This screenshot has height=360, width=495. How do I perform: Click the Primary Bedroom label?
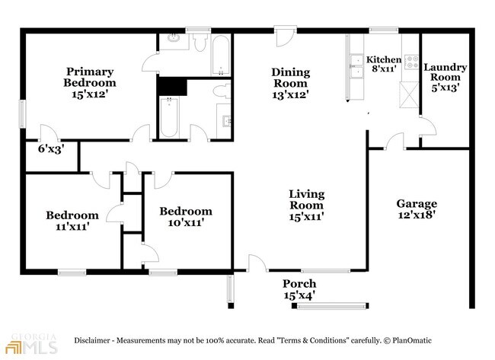click(89, 82)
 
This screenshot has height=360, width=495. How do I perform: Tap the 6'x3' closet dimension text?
click(51, 149)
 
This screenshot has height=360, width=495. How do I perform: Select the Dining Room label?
click(291, 82)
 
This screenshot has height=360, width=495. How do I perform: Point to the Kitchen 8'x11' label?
click(383, 65)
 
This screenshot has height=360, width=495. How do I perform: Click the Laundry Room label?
click(445, 77)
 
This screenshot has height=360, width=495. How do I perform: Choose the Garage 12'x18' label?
click(417, 209)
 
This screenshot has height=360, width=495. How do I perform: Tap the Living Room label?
click(305, 205)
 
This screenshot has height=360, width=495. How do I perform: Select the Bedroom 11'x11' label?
click(72, 220)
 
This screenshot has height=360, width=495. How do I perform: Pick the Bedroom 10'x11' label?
click(185, 217)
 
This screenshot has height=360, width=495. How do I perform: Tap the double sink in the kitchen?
click(356, 67)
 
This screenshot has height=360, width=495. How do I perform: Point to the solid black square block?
click(171, 85)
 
